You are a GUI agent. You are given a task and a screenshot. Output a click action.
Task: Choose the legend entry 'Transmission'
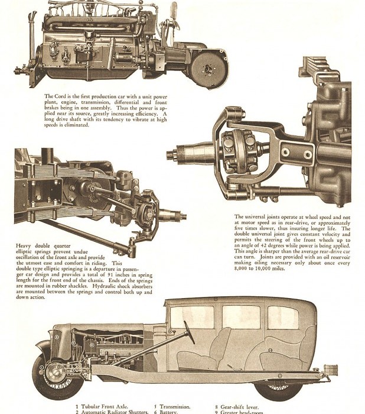[175, 406]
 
